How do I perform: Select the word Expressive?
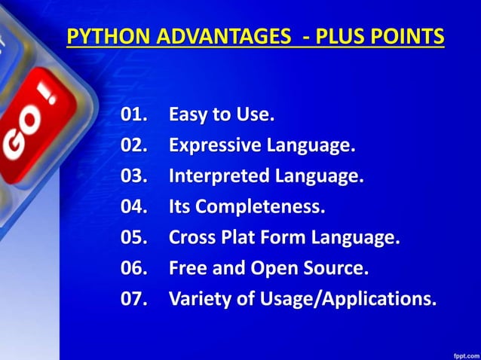pos(216,146)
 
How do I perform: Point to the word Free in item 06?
pos(187,268)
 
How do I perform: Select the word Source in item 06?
pos(337,268)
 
